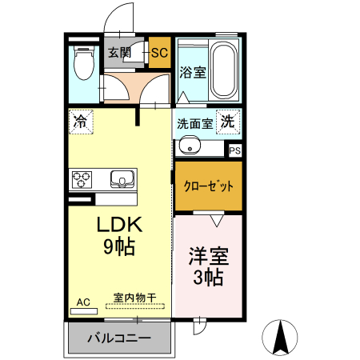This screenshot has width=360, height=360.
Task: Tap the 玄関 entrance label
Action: (x=120, y=54)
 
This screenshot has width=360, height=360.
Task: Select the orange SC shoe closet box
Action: (x=159, y=54)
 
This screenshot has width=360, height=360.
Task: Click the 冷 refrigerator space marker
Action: (x=80, y=122)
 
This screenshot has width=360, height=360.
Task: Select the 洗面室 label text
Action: (x=194, y=125)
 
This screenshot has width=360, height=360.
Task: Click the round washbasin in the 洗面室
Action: (x=190, y=145)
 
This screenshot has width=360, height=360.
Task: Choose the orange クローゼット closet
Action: (x=209, y=186)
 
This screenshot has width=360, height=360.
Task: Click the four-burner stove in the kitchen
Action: (x=82, y=178)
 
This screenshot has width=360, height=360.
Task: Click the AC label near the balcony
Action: (x=83, y=302)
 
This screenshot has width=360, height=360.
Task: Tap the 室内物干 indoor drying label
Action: (x=135, y=297)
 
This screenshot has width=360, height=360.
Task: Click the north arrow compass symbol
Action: (x=282, y=337)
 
